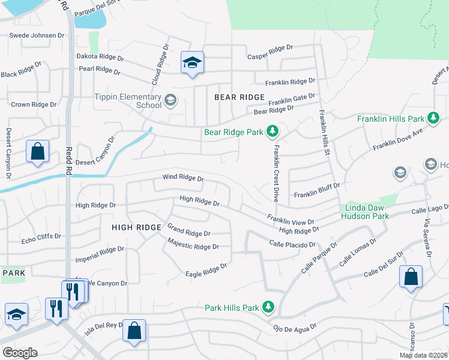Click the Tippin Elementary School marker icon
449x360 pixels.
coord(170,100)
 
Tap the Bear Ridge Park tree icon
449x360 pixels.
coord(272,131)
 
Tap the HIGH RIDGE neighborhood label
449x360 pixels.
coord(137,227)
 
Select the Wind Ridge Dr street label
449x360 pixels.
coord(183,178)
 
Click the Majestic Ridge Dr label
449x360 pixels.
coord(193,247)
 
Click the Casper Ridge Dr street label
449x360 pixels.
coord(270,47)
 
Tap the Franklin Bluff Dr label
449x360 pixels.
coord(317,195)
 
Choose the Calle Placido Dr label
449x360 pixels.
coord(292,244)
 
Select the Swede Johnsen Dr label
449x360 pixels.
coord(36,35)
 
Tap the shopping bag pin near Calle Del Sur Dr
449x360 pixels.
coord(411,277)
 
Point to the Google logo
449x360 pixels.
coord(20,353)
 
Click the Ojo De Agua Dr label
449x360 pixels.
coord(294,329)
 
